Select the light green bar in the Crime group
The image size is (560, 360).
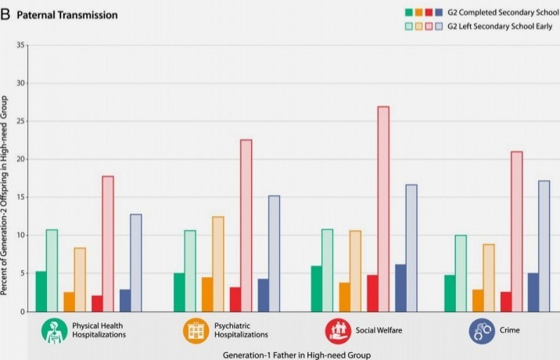(461, 273)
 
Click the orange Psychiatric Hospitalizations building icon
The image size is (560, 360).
(196, 330)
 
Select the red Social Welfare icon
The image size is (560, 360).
(337, 330)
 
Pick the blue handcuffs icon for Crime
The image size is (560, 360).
(482, 330)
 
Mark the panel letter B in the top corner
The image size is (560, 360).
(5, 15)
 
